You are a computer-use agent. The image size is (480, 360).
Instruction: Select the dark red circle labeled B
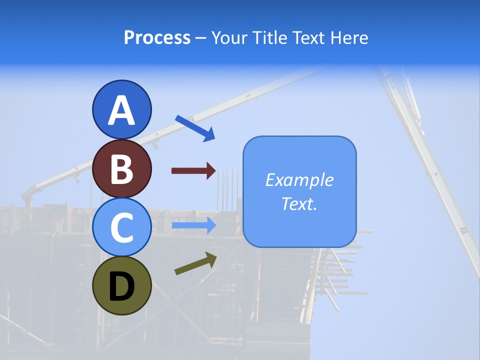click(x=121, y=169)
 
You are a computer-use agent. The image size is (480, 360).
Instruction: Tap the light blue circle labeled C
click(x=121, y=227)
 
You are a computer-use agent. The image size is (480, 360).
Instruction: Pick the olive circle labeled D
click(x=121, y=285)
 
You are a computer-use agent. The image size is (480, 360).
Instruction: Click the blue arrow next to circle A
click(x=195, y=127)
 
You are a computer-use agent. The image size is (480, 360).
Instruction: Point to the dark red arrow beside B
click(x=194, y=171)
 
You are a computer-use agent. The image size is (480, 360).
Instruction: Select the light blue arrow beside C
click(x=194, y=225)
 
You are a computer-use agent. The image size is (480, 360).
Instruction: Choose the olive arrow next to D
click(x=195, y=263)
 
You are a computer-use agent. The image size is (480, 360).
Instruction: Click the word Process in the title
click(x=157, y=38)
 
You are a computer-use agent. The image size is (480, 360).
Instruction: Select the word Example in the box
click(x=299, y=180)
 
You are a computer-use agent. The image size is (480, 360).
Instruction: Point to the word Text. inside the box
click(x=299, y=203)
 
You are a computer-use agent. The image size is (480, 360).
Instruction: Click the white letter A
click(x=121, y=111)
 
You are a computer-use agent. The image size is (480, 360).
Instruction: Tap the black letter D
click(x=121, y=287)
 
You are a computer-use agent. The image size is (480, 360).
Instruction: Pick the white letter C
click(x=121, y=228)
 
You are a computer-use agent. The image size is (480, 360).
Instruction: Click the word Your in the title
click(x=229, y=38)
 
